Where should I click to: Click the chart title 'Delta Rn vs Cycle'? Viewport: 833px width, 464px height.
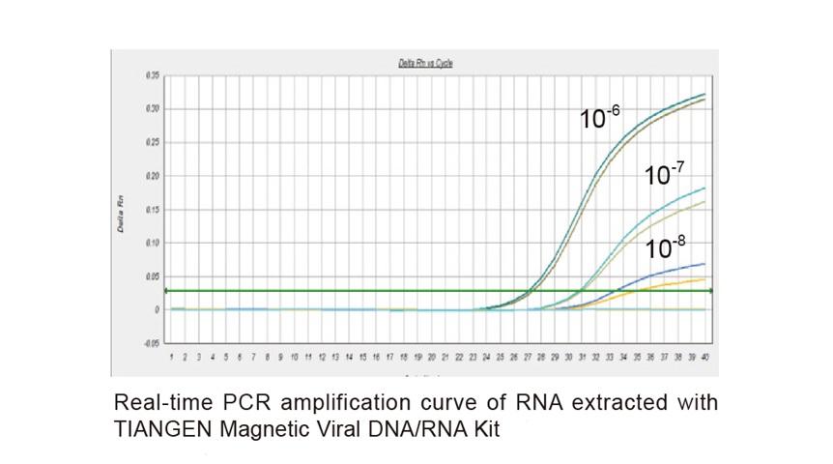pyautogui.click(x=425, y=64)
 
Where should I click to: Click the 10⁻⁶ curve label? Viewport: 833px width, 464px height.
pyautogui.click(x=599, y=118)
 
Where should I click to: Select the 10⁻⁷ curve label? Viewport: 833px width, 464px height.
pyautogui.click(x=664, y=174)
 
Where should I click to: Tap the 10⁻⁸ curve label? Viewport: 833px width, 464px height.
pyautogui.click(x=665, y=246)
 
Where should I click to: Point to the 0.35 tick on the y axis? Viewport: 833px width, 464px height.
pyautogui.click(x=152, y=75)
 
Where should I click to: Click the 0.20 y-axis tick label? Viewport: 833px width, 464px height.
pyautogui.click(x=152, y=176)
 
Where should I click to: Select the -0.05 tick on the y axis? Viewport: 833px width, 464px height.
pyautogui.click(x=151, y=343)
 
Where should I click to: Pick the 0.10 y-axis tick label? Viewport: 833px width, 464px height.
pyautogui.click(x=152, y=243)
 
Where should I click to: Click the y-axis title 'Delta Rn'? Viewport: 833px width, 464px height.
pyautogui.click(x=123, y=211)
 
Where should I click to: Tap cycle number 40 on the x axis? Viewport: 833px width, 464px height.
pyautogui.click(x=706, y=358)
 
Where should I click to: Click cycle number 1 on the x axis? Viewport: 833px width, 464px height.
pyautogui.click(x=171, y=358)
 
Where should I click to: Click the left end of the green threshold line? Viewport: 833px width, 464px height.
pyautogui.click(x=168, y=290)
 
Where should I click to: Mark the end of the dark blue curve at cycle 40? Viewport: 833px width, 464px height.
pyautogui.click(x=704, y=264)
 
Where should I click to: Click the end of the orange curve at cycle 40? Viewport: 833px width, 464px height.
pyautogui.click(x=704, y=279)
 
